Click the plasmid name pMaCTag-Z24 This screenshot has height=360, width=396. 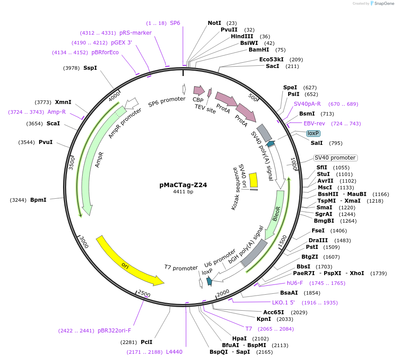point(183,184)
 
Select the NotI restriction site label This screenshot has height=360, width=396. point(214,23)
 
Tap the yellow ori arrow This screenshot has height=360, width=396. point(129,262)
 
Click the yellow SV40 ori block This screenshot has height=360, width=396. point(253,180)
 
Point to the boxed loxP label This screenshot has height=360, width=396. point(313,133)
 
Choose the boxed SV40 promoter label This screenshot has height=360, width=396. point(335,158)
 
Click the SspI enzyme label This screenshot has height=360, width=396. point(90,68)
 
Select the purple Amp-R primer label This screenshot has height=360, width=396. point(56,112)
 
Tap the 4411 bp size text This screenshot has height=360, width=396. point(183,192)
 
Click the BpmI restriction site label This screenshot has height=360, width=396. point(38,200)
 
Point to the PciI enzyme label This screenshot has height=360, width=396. point(147,342)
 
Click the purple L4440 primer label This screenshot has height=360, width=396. point(174,352)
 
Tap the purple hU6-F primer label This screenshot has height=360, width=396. point(295,283)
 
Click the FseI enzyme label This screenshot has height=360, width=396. point(318,231)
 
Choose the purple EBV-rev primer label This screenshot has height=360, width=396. point(313,124)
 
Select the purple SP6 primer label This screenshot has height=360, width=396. point(175,23)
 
